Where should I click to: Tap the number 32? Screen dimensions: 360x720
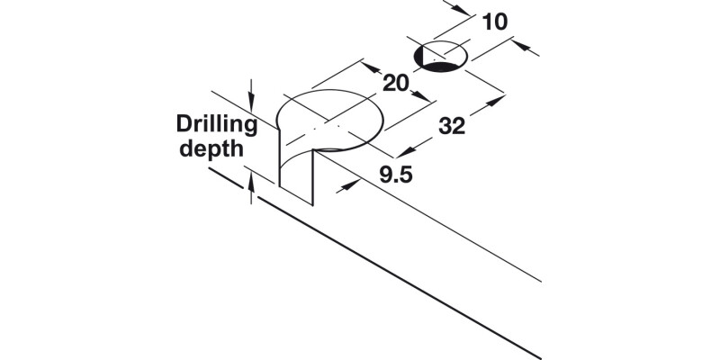coord(452,127)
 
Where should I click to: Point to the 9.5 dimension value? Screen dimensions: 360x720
coord(395,175)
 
